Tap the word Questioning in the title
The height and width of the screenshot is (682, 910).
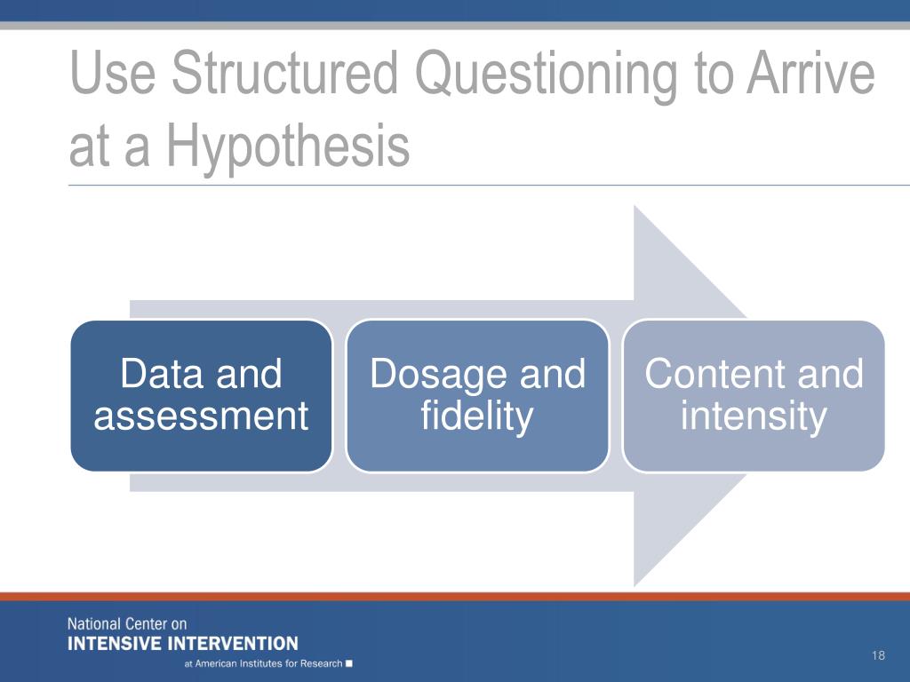(547, 76)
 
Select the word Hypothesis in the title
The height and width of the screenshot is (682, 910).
(288, 147)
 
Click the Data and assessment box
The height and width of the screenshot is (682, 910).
(202, 395)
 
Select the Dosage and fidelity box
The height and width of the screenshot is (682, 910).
(477, 395)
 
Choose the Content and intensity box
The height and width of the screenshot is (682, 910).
(754, 395)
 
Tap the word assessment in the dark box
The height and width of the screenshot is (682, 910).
(201, 416)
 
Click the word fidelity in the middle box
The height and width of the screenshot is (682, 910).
(477, 417)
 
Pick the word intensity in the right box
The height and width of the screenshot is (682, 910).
(754, 417)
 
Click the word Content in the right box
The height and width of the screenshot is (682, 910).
(714, 374)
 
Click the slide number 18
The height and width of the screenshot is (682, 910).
(878, 655)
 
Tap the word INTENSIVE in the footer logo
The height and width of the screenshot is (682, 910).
(114, 644)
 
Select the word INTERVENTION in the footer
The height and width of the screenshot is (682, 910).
(232, 644)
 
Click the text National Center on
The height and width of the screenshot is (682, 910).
(127, 624)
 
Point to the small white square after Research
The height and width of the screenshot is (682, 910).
(348, 663)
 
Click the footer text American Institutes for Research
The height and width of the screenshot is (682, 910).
(268, 663)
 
